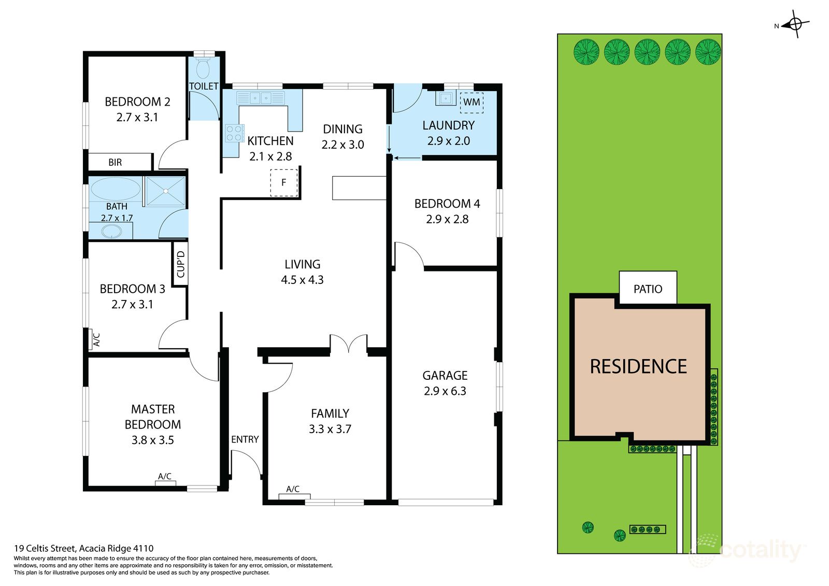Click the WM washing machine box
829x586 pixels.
coord(471,102)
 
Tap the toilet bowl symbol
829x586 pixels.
coord(203,68)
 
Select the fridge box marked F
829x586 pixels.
coord(283,182)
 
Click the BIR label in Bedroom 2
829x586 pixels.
coord(115,162)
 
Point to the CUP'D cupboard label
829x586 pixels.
coord(180,264)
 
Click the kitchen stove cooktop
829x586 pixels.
coord(234,133)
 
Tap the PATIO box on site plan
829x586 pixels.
coord(648,289)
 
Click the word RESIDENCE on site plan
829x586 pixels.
coord(638,366)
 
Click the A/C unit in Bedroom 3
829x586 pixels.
coord(96,339)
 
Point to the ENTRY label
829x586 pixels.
coord(245,439)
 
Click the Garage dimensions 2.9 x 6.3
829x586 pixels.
coord(445,391)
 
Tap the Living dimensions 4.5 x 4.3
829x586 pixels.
coord(302,280)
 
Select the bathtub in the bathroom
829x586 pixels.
coord(116,189)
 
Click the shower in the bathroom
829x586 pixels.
coord(165,191)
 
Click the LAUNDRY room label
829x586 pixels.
coord(448,125)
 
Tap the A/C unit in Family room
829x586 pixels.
coord(293,496)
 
